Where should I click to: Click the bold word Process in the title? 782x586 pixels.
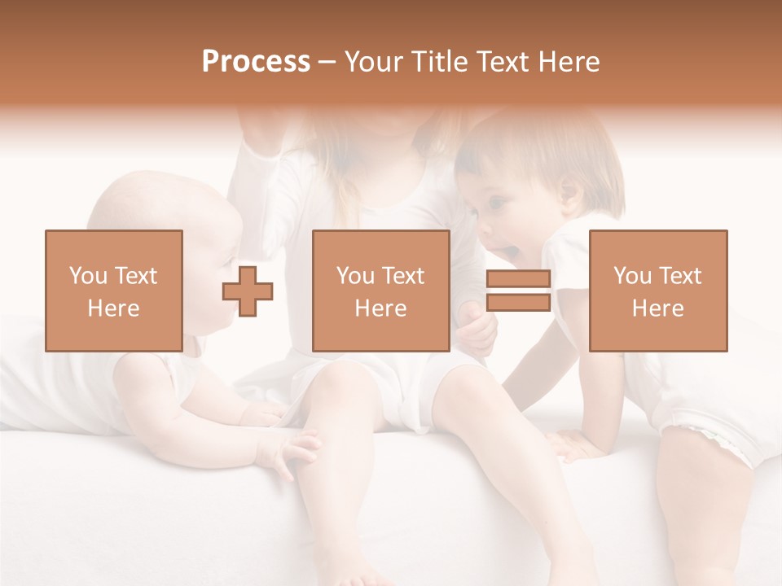[256, 62]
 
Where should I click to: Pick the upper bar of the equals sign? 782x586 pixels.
[518, 280]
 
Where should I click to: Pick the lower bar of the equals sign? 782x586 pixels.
[518, 303]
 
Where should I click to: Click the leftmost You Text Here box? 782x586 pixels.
[114, 291]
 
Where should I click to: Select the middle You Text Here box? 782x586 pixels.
[380, 291]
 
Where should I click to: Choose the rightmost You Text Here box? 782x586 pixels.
[657, 291]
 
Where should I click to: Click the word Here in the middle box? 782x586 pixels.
[380, 308]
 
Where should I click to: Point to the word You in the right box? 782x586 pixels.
[632, 276]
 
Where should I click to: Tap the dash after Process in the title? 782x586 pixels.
[327, 62]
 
